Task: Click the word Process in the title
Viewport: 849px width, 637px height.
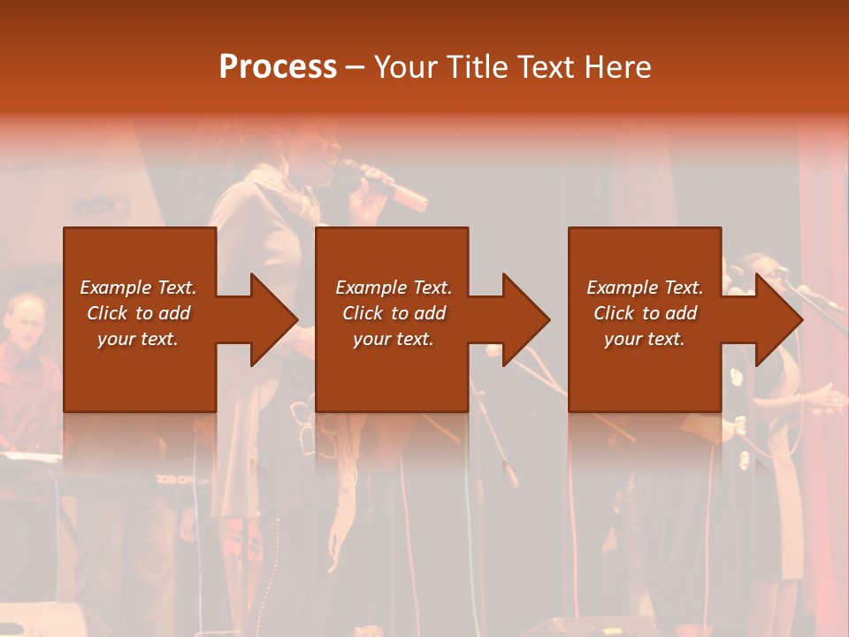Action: [x=278, y=66]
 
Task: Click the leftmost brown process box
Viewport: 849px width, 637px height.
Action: [x=140, y=372]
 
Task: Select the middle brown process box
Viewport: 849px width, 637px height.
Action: [x=392, y=372]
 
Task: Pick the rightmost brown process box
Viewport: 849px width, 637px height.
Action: [x=644, y=372]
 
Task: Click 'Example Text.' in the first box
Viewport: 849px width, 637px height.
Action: [x=138, y=288]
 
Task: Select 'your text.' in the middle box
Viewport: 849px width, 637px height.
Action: [x=393, y=339]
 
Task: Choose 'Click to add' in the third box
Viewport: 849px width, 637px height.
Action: [x=645, y=313]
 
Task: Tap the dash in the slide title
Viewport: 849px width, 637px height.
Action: [x=356, y=66]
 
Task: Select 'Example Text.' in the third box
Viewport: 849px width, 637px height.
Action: [x=645, y=288]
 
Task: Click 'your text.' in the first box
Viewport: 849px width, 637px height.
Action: [x=138, y=339]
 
